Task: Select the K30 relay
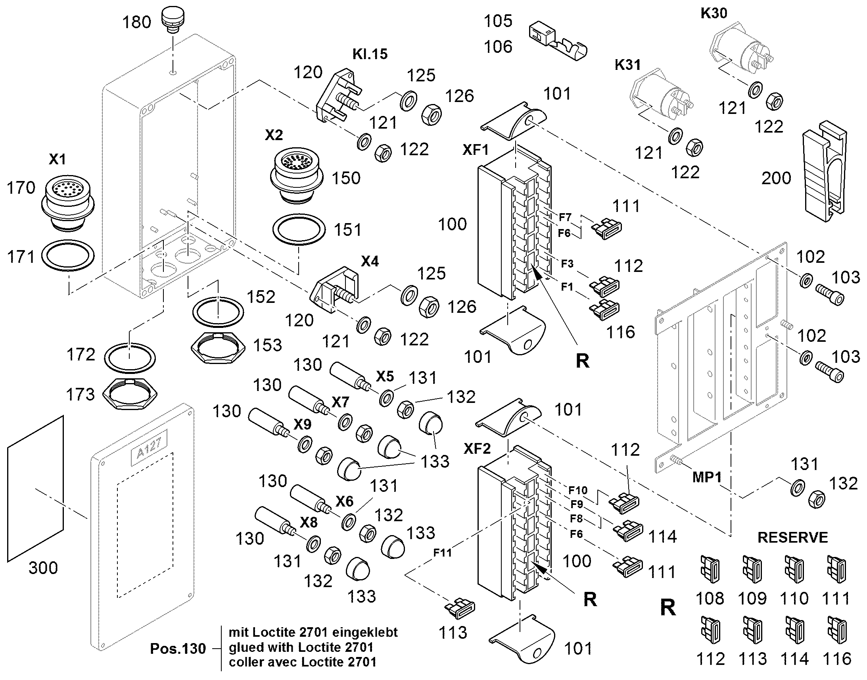[740, 50]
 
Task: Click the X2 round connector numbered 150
[296, 176]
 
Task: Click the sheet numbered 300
[35, 489]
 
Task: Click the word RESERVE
[792, 537]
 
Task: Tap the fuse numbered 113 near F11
[460, 608]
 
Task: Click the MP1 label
[707, 478]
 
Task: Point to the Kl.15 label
[370, 54]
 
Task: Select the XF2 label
[477, 449]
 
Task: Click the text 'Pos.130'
[178, 649]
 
